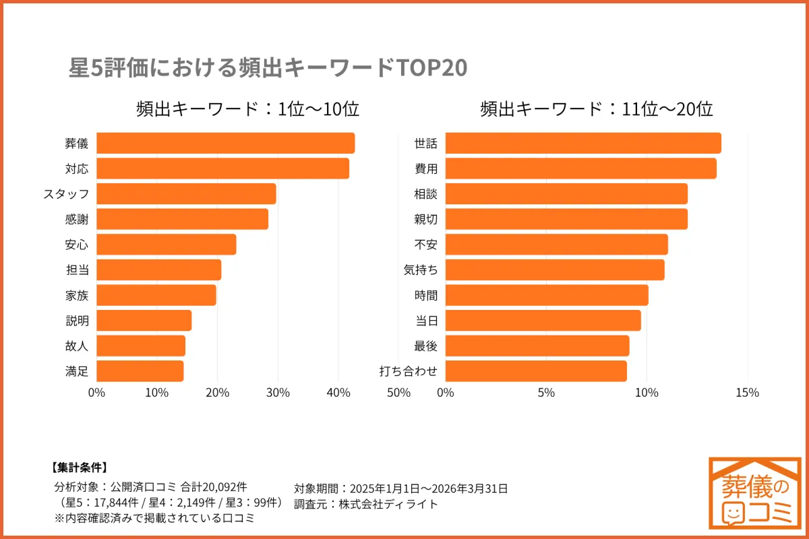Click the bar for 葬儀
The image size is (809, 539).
pos(225,144)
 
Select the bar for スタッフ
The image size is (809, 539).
pos(186,194)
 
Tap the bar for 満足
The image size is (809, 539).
pos(140,371)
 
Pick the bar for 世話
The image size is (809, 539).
pos(583,144)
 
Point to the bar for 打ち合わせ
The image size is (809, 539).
pos(536,371)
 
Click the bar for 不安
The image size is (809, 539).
pos(556,245)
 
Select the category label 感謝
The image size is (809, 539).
pos(77,219)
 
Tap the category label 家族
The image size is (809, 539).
pos(77,295)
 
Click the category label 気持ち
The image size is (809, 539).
pos(421,270)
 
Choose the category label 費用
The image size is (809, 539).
pos(425,169)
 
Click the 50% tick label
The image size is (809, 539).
pos(398,393)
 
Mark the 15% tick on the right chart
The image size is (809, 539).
pos(748,393)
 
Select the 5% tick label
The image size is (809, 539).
pos(546,393)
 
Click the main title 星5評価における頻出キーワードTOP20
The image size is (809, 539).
pos(268,69)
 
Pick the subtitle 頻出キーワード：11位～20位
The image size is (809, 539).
pos(596,109)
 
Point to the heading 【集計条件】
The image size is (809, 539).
pos(79,468)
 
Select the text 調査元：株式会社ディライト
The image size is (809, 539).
pos(366,503)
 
